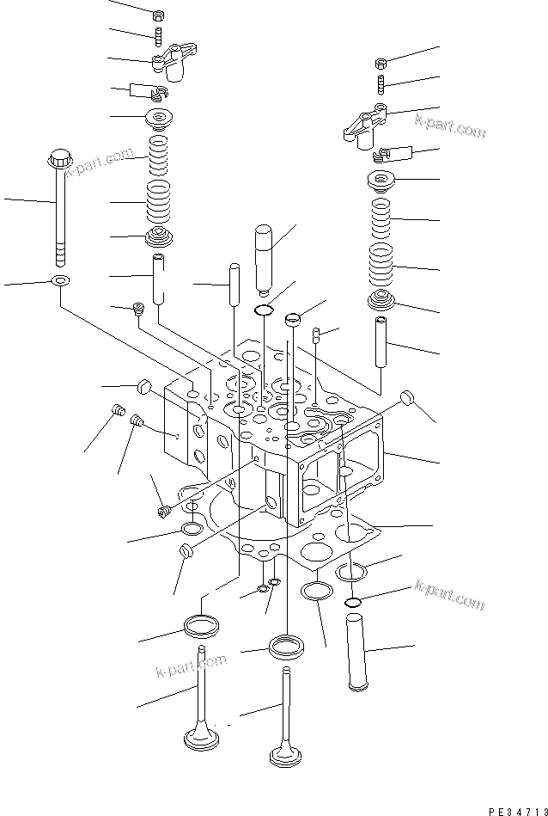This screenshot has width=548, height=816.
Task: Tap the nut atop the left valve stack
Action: coord(158,15)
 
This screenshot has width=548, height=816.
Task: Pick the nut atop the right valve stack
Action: coord(381,63)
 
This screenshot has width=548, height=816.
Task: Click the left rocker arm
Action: coord(170,63)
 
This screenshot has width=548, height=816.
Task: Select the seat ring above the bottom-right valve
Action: coord(285,645)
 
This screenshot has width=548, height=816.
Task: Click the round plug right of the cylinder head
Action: coord(410,399)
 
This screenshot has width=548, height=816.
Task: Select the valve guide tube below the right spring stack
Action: coord(382,341)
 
